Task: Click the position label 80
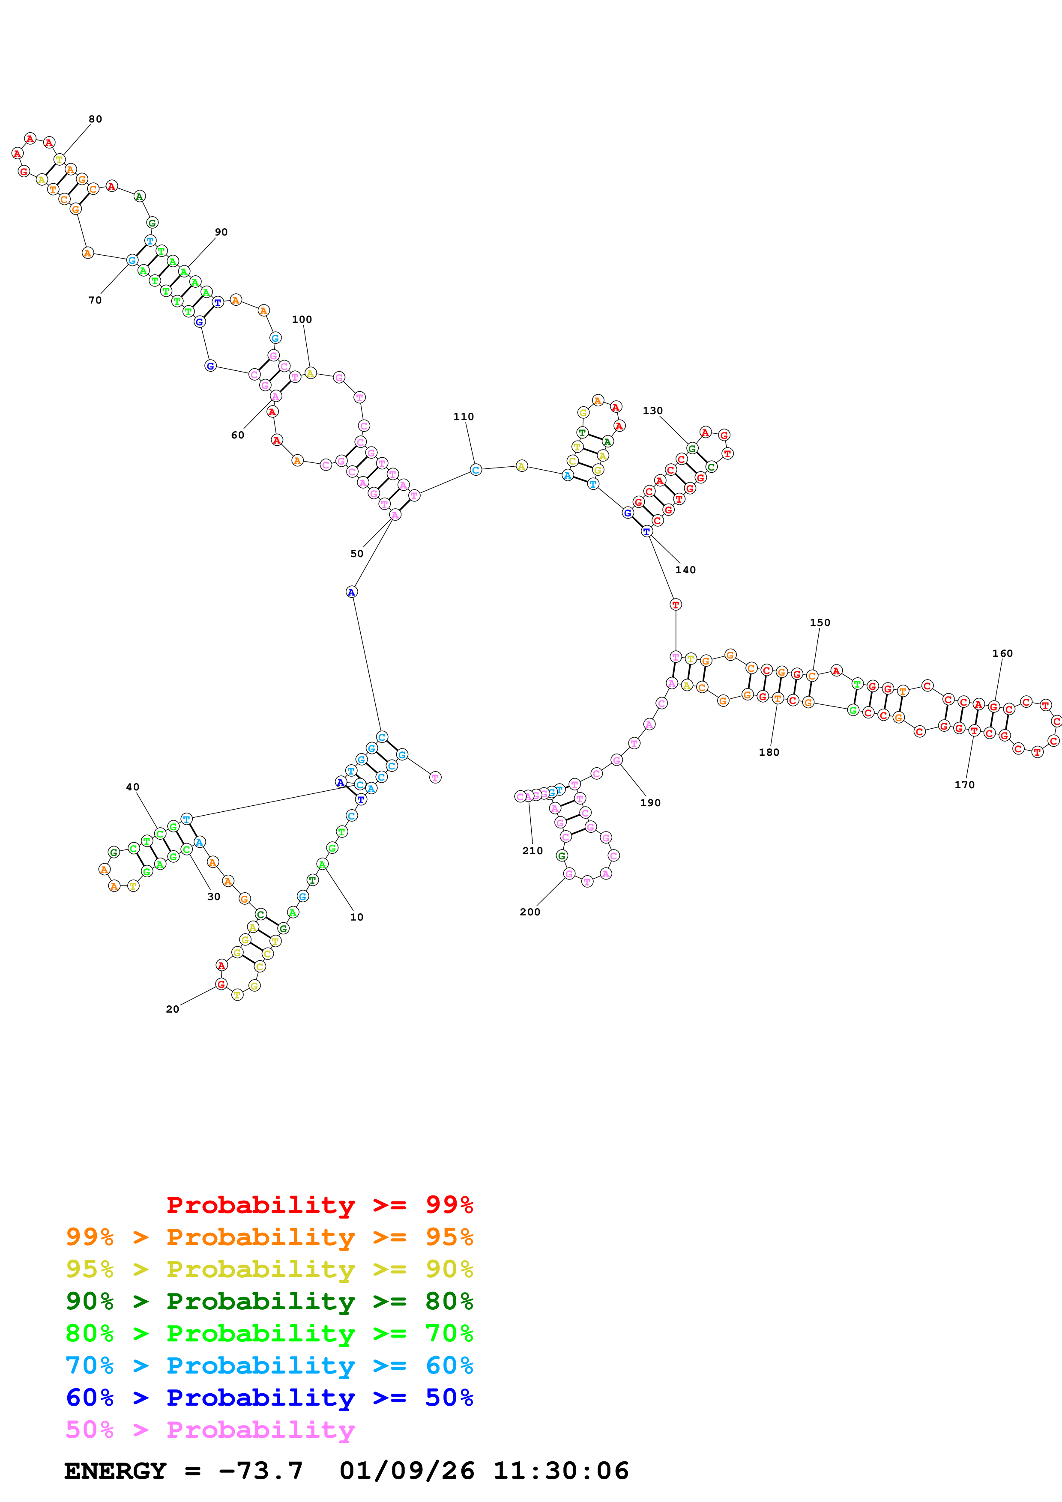click(96, 119)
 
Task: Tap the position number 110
click(463, 417)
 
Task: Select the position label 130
click(652, 411)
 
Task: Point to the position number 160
click(1002, 653)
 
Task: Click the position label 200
click(530, 912)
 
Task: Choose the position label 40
click(133, 787)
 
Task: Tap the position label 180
click(769, 752)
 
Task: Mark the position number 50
click(356, 554)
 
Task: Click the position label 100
click(302, 319)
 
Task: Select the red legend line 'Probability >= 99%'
click(319, 1204)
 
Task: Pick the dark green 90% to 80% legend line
click(269, 1301)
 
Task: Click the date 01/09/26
click(407, 1471)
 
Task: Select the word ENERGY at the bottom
click(115, 1471)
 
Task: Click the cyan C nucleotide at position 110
click(476, 470)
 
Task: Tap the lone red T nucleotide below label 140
click(676, 605)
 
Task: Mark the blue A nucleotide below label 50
click(351, 592)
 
